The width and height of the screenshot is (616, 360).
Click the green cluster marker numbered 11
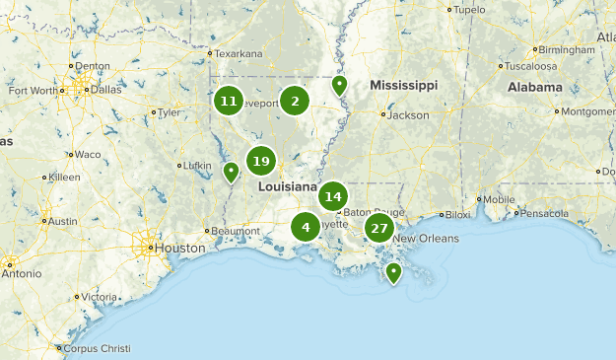pyautogui.click(x=229, y=101)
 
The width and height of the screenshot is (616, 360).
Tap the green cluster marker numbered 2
pyautogui.click(x=294, y=101)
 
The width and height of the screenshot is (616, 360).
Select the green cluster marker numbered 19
pyautogui.click(x=260, y=161)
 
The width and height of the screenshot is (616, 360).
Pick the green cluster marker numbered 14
pyautogui.click(x=332, y=196)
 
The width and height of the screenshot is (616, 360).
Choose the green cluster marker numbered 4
pyautogui.click(x=306, y=228)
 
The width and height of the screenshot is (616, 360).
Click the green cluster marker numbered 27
pyautogui.click(x=378, y=228)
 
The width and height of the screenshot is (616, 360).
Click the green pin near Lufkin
pyautogui.click(x=231, y=173)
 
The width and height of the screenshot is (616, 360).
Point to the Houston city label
pyautogui.click(x=178, y=249)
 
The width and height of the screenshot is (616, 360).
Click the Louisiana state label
pyautogui.click(x=288, y=186)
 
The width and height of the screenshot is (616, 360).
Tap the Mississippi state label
pyautogui.click(x=403, y=86)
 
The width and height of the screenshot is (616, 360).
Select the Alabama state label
pyautogui.click(x=535, y=87)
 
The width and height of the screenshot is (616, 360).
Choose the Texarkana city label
pyautogui.click(x=239, y=53)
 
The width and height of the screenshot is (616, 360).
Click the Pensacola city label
pyautogui.click(x=545, y=213)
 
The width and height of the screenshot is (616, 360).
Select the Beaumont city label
pyautogui.click(x=235, y=231)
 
